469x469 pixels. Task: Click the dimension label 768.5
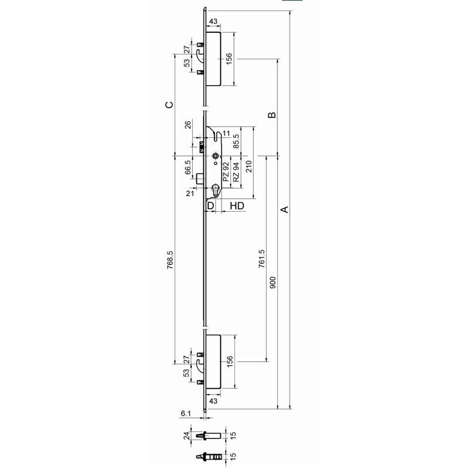click(x=170, y=260)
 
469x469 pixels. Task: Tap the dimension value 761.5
click(x=261, y=259)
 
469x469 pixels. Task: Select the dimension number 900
click(x=273, y=283)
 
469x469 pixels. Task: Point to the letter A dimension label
click(x=286, y=209)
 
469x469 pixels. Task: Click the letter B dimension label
click(x=272, y=115)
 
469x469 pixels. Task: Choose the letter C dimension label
click(x=169, y=105)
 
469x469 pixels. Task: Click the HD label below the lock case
click(x=237, y=206)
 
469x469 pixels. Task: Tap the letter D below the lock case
click(x=210, y=206)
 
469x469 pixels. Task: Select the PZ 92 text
click(x=226, y=172)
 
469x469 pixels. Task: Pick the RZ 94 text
click(x=236, y=172)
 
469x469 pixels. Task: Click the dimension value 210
click(x=249, y=166)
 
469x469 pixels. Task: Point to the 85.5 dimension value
click(x=236, y=141)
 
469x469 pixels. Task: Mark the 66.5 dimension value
click(x=188, y=167)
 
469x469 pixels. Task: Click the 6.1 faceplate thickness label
click(x=186, y=413)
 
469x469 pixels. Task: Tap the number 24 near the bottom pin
click(x=187, y=436)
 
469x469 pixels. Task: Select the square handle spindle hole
click(x=215, y=155)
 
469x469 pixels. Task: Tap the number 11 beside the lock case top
click(x=226, y=134)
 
